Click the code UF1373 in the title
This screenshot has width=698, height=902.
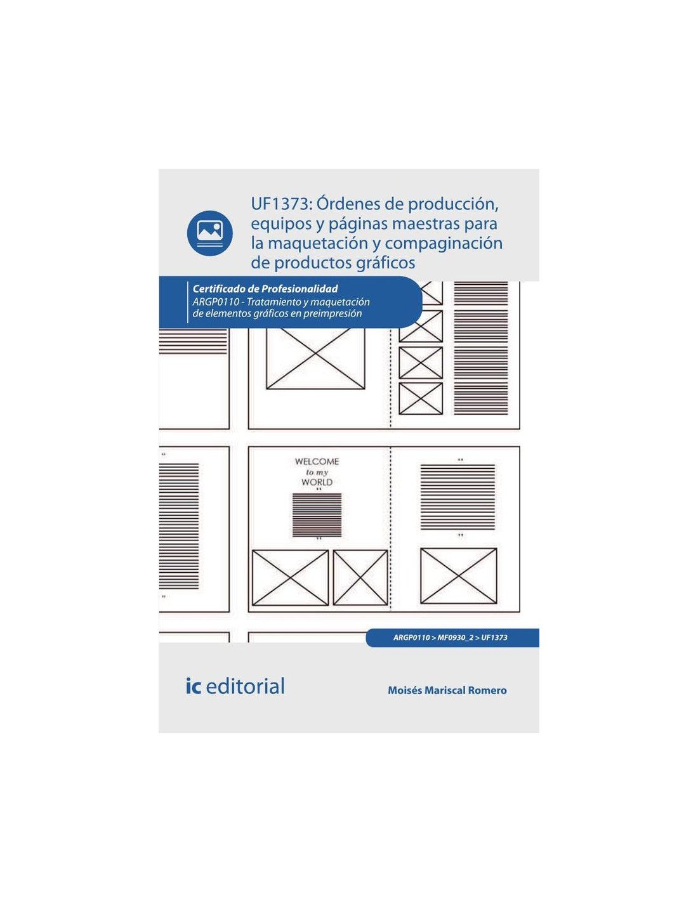tap(279, 205)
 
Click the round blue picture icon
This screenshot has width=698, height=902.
tap(209, 233)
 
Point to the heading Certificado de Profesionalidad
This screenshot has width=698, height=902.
tap(265, 289)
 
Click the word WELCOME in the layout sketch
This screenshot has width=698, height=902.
tap(317, 462)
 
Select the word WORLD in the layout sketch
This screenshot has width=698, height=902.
tap(317, 482)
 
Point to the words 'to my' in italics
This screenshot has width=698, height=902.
tap(317, 473)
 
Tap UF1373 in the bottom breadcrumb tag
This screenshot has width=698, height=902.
tap(494, 637)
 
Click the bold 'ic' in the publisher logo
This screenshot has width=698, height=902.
tap(194, 686)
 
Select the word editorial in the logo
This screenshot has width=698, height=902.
tap(246, 686)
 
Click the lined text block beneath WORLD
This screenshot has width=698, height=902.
tap(317, 514)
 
